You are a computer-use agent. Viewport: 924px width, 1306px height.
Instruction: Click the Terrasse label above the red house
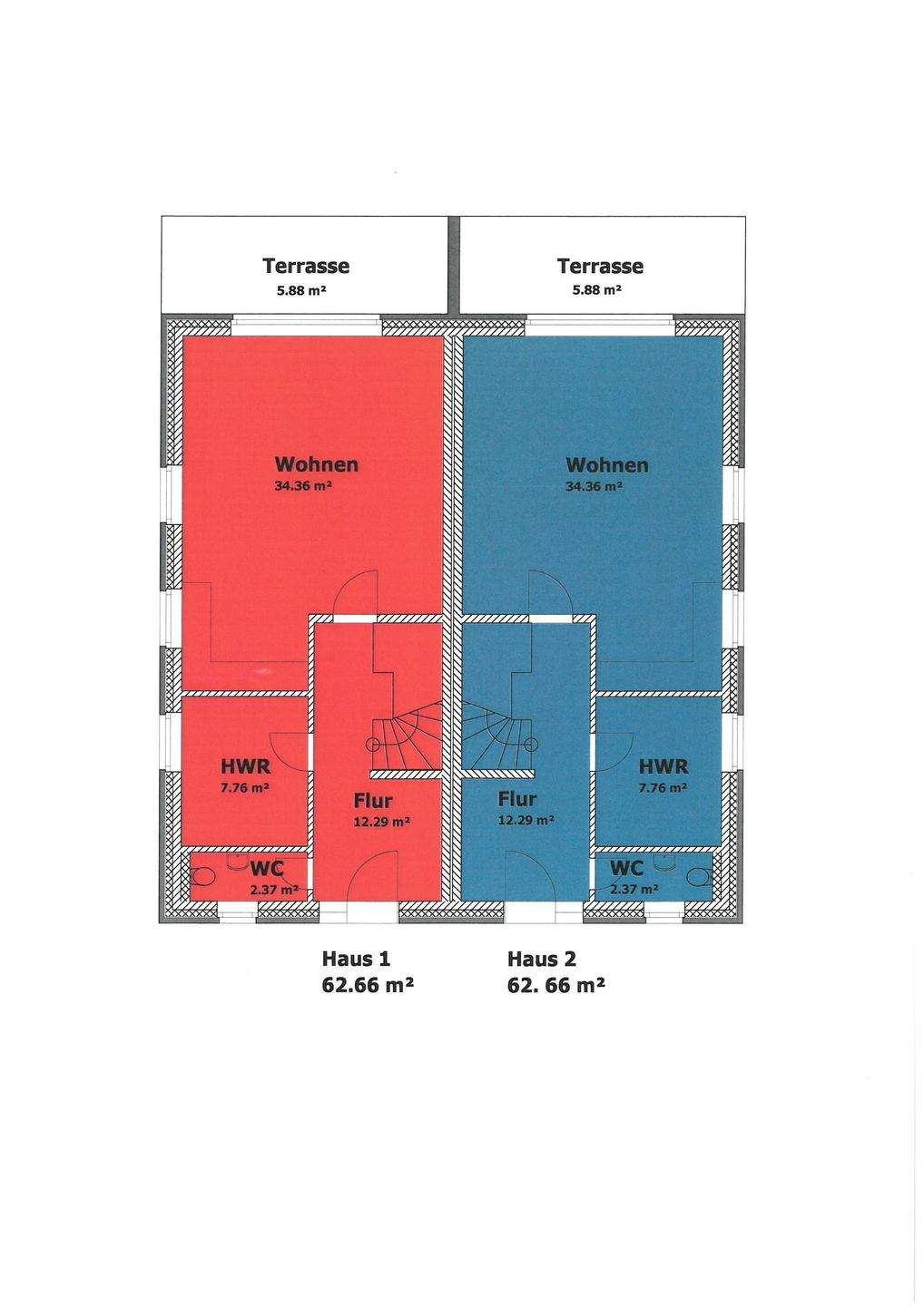point(306,267)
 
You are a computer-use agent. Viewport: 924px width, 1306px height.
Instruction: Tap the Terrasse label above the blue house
point(600,267)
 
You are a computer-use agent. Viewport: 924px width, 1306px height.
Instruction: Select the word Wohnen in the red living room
point(316,465)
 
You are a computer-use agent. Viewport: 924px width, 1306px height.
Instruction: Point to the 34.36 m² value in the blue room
point(594,487)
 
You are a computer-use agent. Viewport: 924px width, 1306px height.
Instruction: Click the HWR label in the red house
point(245,767)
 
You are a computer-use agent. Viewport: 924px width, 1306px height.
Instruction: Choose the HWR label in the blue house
point(663,766)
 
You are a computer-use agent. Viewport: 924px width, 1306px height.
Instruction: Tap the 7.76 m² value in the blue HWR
point(663,788)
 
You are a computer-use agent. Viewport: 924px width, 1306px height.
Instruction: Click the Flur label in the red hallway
point(373,802)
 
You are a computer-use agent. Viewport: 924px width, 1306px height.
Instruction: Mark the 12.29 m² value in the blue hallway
point(526,820)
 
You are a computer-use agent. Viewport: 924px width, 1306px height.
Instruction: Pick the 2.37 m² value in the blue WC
point(634,889)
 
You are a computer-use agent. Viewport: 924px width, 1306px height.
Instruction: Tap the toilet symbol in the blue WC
point(698,876)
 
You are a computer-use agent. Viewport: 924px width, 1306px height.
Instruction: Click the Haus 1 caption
point(356,959)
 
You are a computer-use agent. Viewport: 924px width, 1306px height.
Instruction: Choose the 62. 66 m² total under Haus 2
point(555,985)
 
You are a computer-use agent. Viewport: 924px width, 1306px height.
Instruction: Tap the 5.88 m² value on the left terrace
point(301,291)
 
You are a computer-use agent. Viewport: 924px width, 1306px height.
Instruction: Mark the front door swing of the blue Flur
point(528,877)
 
